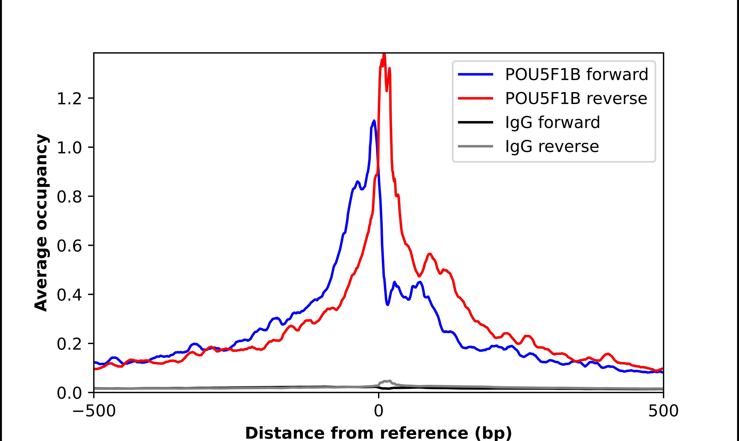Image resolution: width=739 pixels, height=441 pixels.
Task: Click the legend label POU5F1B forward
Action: click(x=576, y=74)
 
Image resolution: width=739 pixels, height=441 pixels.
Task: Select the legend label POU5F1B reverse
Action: click(x=576, y=98)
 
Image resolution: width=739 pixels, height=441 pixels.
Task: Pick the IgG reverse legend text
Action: click(x=552, y=147)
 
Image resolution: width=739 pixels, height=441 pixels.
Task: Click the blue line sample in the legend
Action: click(x=475, y=74)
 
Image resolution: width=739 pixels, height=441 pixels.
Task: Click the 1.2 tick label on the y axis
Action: click(x=69, y=99)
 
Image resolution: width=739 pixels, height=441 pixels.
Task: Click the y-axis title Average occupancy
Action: click(x=41, y=223)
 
